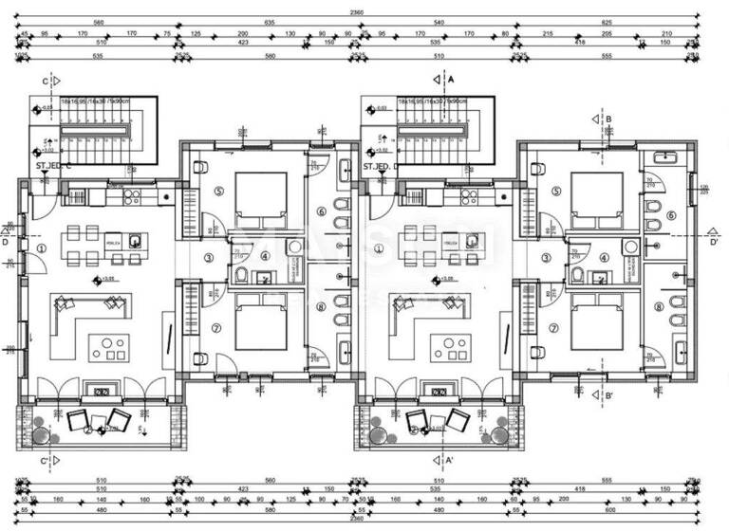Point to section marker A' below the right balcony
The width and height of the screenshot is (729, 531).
click(450, 462)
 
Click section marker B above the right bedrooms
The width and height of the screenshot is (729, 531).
click(608, 119)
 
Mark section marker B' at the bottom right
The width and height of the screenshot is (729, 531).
click(608, 395)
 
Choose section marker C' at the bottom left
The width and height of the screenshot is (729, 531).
click(45, 462)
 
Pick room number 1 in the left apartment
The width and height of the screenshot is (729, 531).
click(42, 247)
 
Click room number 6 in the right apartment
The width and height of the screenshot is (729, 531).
click(671, 215)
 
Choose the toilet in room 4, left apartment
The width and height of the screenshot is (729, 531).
click(242, 276)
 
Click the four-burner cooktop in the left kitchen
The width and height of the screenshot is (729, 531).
click(131, 197)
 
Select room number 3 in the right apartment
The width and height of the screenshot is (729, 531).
click(547, 257)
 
